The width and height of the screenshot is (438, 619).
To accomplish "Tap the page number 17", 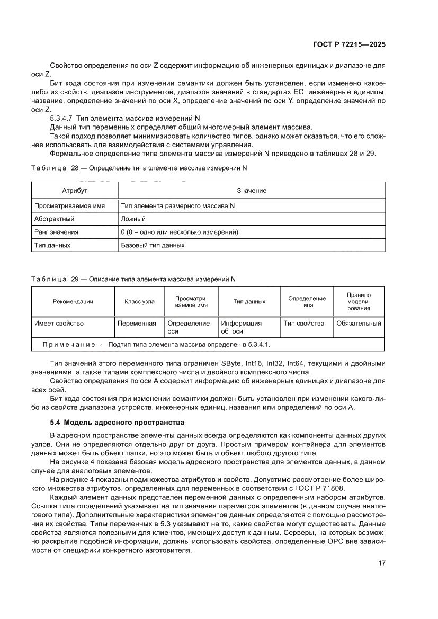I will (381, 563).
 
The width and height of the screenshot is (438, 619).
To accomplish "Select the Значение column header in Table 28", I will (252, 190).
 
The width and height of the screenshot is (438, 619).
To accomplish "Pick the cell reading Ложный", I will (133, 218).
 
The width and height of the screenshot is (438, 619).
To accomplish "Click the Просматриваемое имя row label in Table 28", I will (69, 205).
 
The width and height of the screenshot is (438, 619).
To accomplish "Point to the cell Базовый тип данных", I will (153, 246).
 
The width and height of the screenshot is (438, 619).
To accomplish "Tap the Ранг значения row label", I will (57, 232).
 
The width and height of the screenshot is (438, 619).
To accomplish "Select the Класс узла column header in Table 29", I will (139, 302).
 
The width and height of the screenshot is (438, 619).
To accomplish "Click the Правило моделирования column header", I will (359, 301).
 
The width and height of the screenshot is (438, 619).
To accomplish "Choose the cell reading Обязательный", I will (359, 323).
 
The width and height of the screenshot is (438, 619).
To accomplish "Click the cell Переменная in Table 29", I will (137, 323).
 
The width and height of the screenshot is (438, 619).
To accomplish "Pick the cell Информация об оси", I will (242, 327).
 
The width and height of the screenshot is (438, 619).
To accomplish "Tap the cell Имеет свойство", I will (59, 323).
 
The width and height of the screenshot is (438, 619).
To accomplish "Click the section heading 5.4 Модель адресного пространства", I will (116, 422).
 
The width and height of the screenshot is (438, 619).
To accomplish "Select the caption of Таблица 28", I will (139, 168).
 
